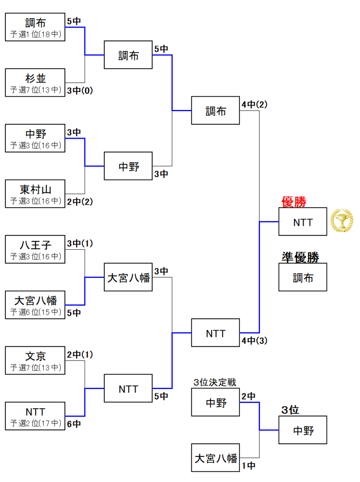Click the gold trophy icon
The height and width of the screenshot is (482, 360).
point(341,221)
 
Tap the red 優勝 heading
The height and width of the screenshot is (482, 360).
point(294,202)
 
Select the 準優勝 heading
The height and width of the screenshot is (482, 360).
point(300,257)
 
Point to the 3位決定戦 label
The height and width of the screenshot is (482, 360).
point(215,382)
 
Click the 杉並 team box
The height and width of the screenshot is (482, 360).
point(35,82)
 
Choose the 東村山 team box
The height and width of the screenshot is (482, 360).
point(35,193)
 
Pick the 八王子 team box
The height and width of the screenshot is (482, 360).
point(35,250)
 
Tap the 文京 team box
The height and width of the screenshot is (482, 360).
point(35,361)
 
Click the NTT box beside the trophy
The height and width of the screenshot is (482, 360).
point(303,222)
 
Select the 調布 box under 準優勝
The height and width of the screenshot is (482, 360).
point(303,277)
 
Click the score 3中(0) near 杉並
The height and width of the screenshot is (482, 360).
point(80,90)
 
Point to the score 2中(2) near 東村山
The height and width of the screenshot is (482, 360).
point(80,201)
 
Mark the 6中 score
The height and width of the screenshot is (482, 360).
point(74,424)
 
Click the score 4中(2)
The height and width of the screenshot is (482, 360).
point(254,105)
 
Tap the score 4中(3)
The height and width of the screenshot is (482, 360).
point(254,341)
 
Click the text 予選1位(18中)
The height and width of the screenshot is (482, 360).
point(35,35)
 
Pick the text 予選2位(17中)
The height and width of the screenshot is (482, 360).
point(35,423)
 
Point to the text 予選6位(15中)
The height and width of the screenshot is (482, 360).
point(35,312)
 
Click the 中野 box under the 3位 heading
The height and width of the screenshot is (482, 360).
point(303,430)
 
